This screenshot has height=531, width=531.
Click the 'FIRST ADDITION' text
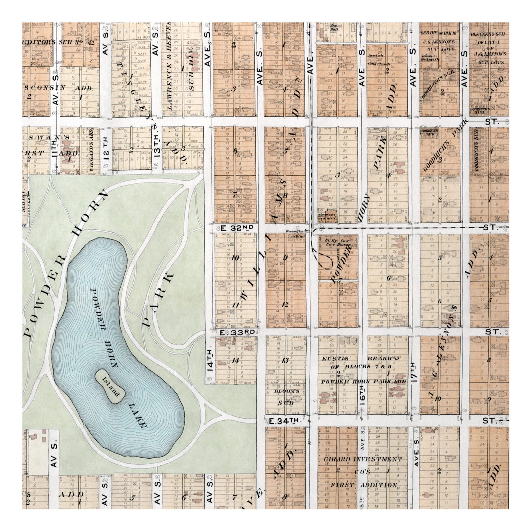pyautogui.click(x=363, y=485)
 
